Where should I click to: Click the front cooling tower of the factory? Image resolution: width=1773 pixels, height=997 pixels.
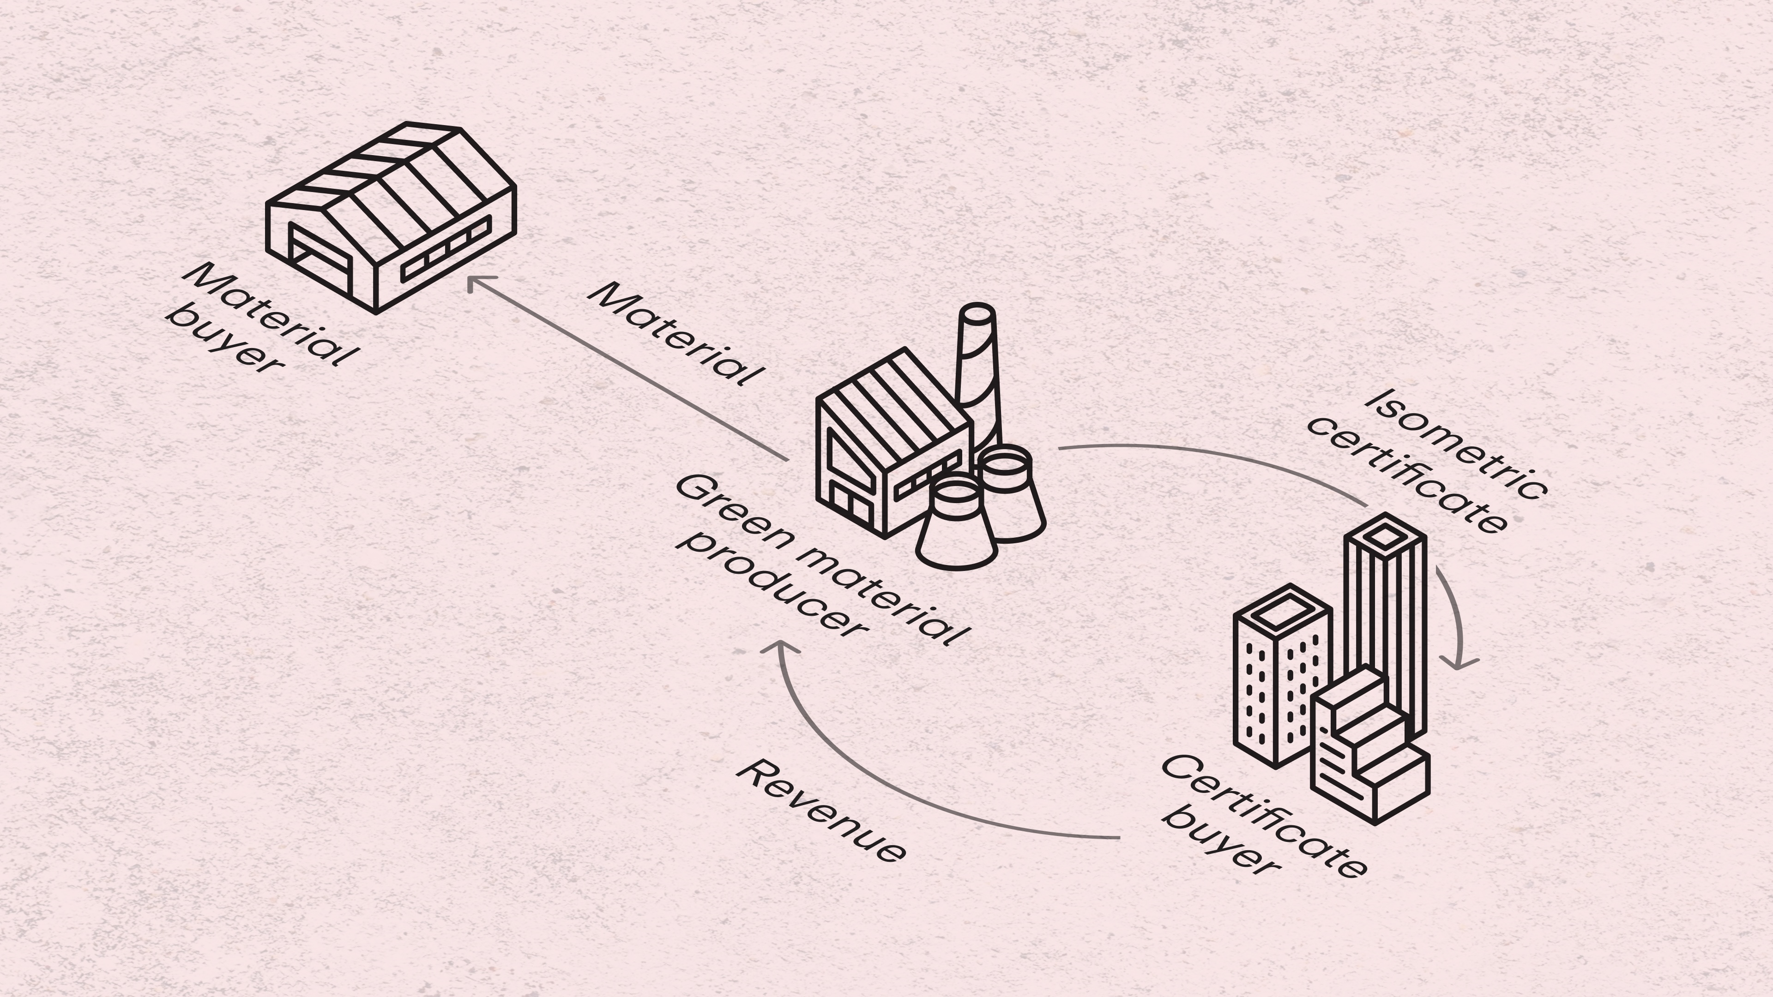[x=957, y=526]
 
